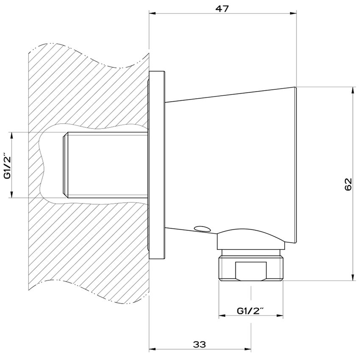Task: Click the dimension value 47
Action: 222,9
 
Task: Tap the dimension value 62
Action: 348,184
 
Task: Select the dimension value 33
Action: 199,344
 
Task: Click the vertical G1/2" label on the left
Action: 8,165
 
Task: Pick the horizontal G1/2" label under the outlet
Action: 250,311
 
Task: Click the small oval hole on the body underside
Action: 202,229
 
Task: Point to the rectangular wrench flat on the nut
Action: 251,271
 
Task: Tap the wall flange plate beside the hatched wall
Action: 157,165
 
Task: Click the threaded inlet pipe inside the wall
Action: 105,165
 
